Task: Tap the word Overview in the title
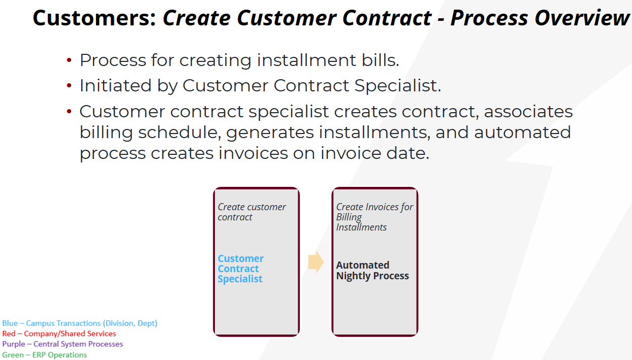[x=582, y=18]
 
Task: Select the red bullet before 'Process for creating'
[x=69, y=60]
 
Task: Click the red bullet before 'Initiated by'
[x=69, y=85]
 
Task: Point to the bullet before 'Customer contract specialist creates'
[x=69, y=111]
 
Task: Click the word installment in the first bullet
[x=307, y=60]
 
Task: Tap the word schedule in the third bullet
[x=179, y=133]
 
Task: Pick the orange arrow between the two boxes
[x=315, y=262]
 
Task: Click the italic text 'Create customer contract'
[x=251, y=212]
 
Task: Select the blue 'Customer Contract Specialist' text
[x=241, y=269]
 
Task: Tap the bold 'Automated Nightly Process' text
[x=372, y=270]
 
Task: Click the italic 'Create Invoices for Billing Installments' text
[x=375, y=217]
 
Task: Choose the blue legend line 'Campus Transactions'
[x=80, y=323]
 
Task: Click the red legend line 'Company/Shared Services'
[x=59, y=334]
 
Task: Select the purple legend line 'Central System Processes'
[x=62, y=344]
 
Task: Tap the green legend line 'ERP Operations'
[x=45, y=354]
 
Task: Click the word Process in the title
[x=489, y=18]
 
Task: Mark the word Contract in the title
[x=387, y=18]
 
